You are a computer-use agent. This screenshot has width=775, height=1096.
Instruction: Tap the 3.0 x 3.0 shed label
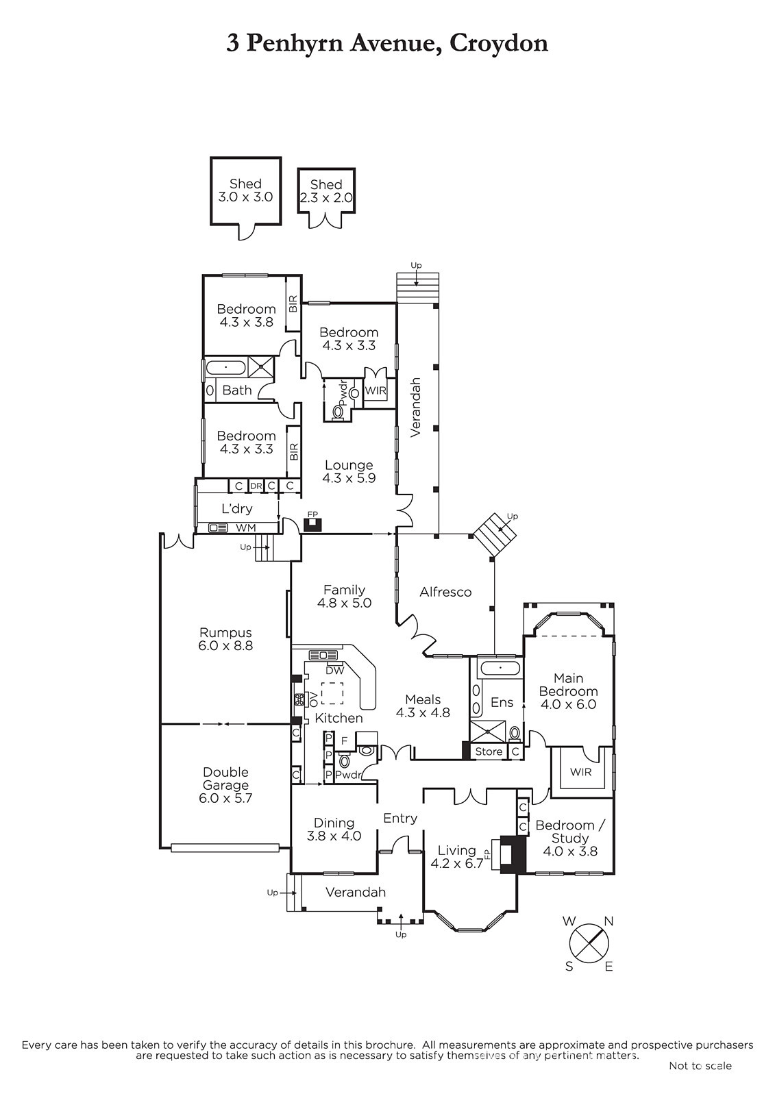coord(245,190)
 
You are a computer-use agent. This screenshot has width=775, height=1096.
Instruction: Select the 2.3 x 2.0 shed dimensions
coord(325,198)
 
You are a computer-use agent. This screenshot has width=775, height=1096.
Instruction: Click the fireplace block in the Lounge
coord(312,525)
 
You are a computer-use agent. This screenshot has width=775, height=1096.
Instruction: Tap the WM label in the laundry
coord(245,528)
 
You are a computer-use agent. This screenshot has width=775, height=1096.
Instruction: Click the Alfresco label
coord(445,592)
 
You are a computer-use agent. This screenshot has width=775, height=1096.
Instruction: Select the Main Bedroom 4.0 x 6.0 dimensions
coord(568,704)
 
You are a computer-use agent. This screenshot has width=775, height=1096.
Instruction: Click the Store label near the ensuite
coord(489,751)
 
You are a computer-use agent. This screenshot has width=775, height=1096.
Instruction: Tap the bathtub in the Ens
coord(500,668)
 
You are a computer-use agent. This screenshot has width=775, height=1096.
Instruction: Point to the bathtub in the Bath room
coord(225,367)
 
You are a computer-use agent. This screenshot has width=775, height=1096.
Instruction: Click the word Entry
coord(400,818)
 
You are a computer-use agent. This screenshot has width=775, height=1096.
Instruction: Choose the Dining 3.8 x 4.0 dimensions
coord(334,836)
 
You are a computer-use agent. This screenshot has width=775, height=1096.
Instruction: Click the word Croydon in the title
coord(498,43)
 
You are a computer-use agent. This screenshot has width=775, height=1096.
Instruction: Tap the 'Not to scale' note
coord(700,1066)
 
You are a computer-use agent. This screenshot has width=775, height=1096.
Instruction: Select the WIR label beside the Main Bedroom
coord(580,772)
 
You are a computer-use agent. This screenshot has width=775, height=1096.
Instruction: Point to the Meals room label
coord(423,699)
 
